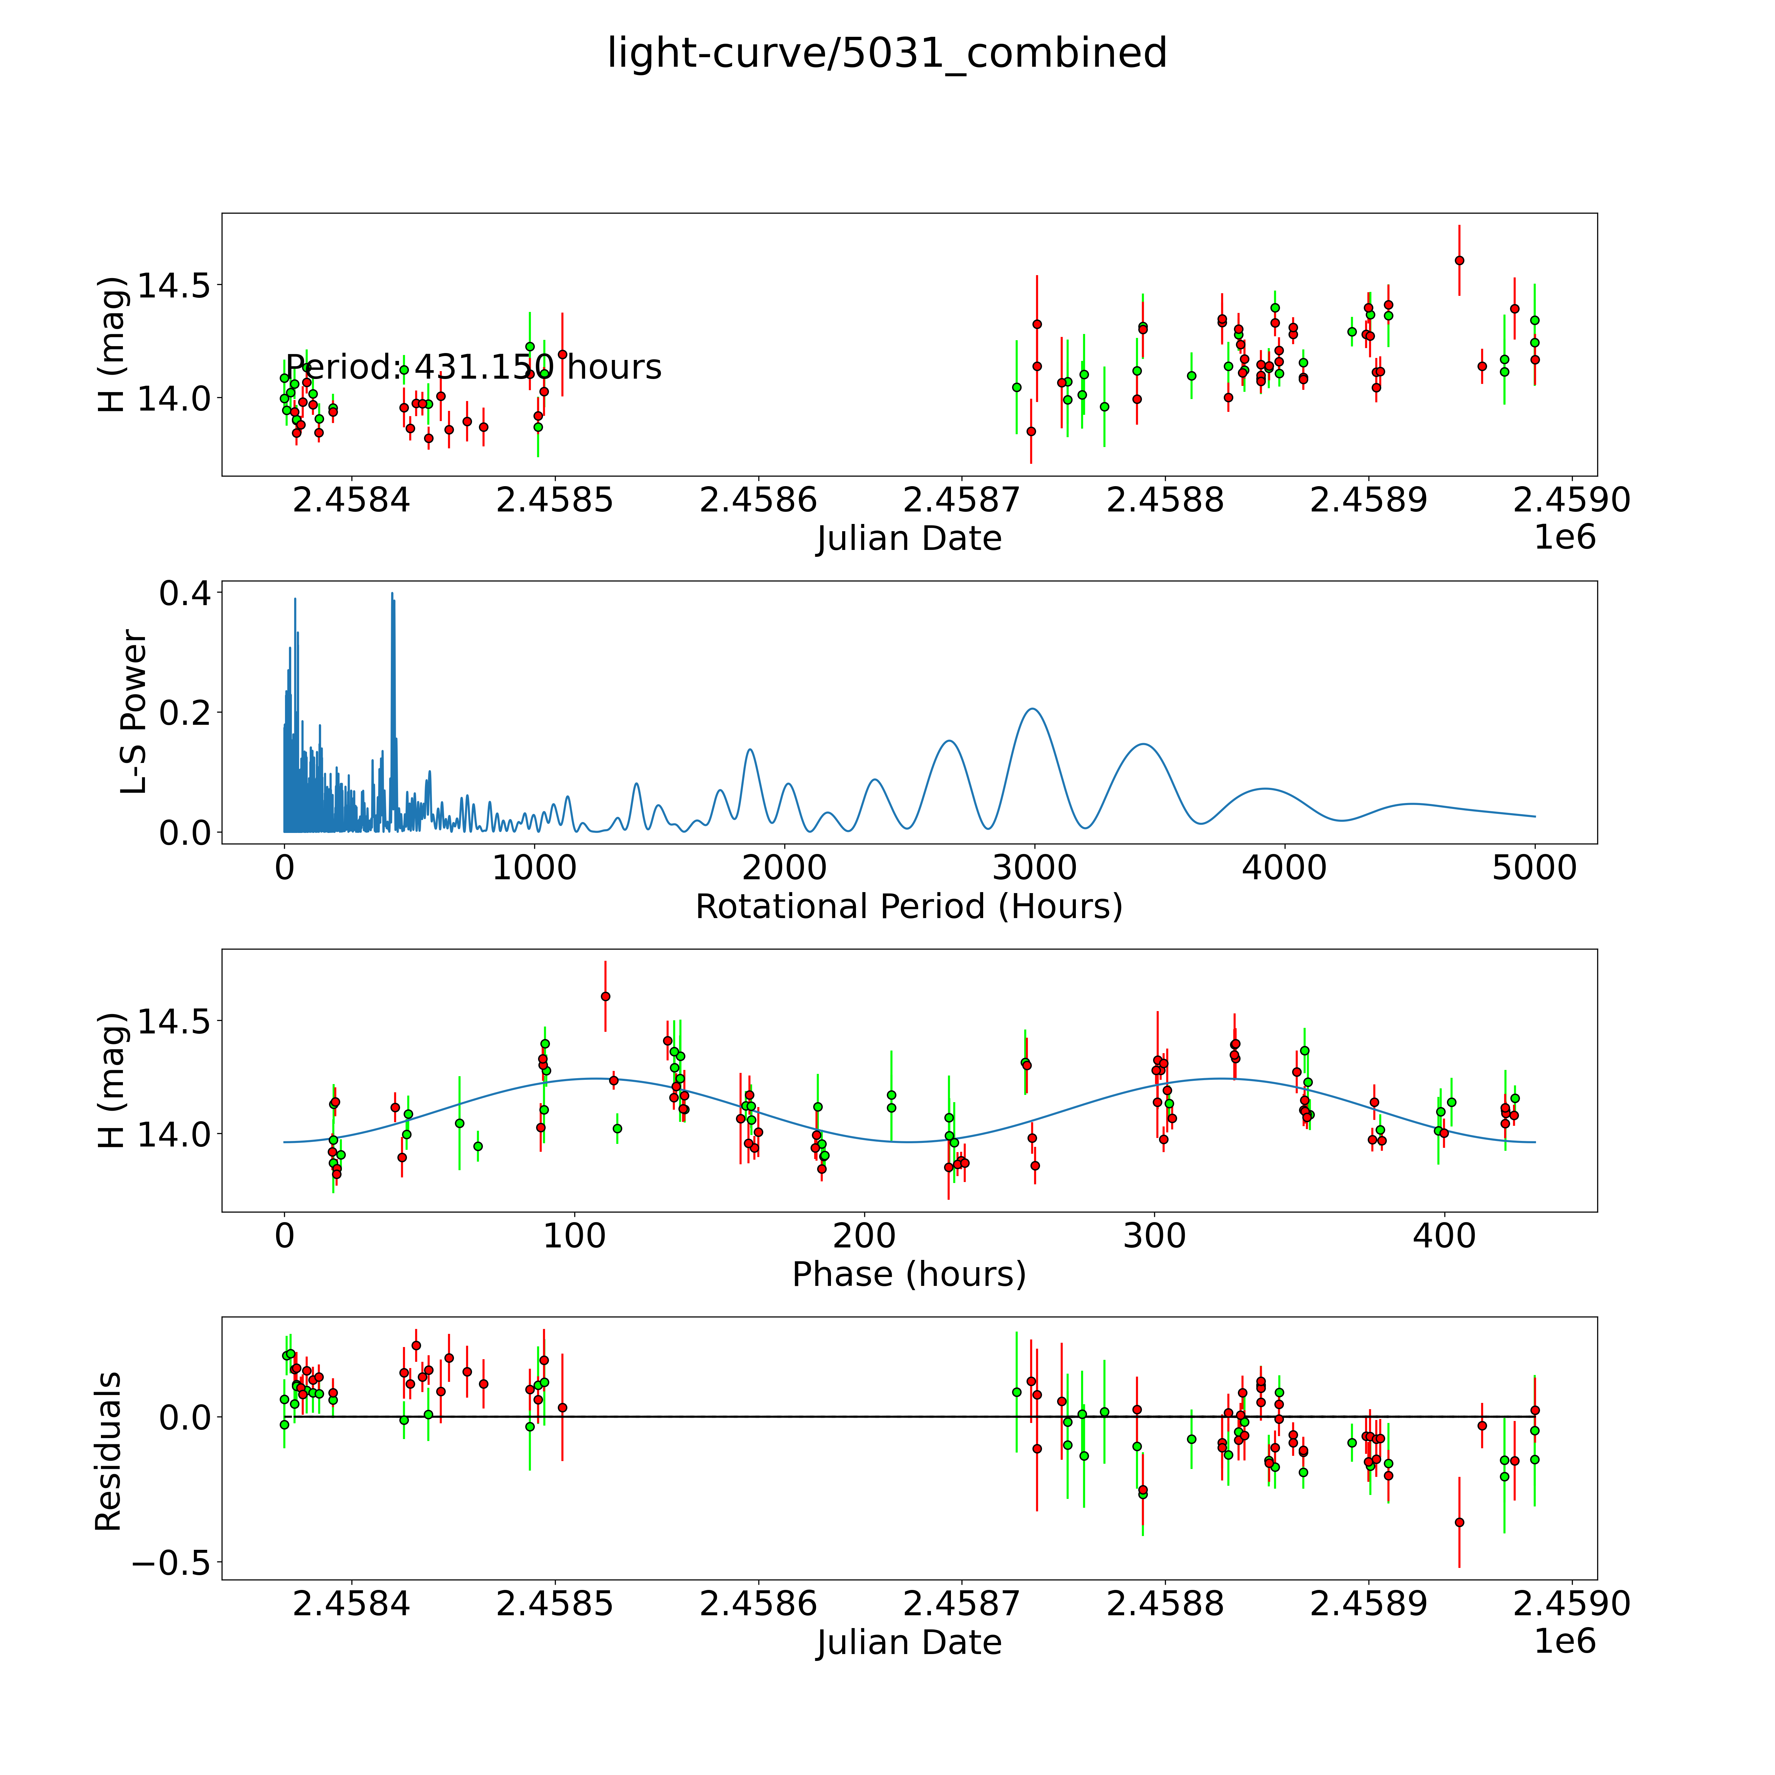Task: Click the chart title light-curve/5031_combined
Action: point(887,53)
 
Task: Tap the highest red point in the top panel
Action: point(1459,260)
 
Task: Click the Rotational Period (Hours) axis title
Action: point(909,907)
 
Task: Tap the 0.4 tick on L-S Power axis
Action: point(184,594)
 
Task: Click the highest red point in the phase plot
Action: point(605,996)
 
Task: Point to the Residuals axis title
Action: point(108,1452)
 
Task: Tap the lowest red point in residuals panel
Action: point(1459,1522)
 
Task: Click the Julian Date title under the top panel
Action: point(909,538)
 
